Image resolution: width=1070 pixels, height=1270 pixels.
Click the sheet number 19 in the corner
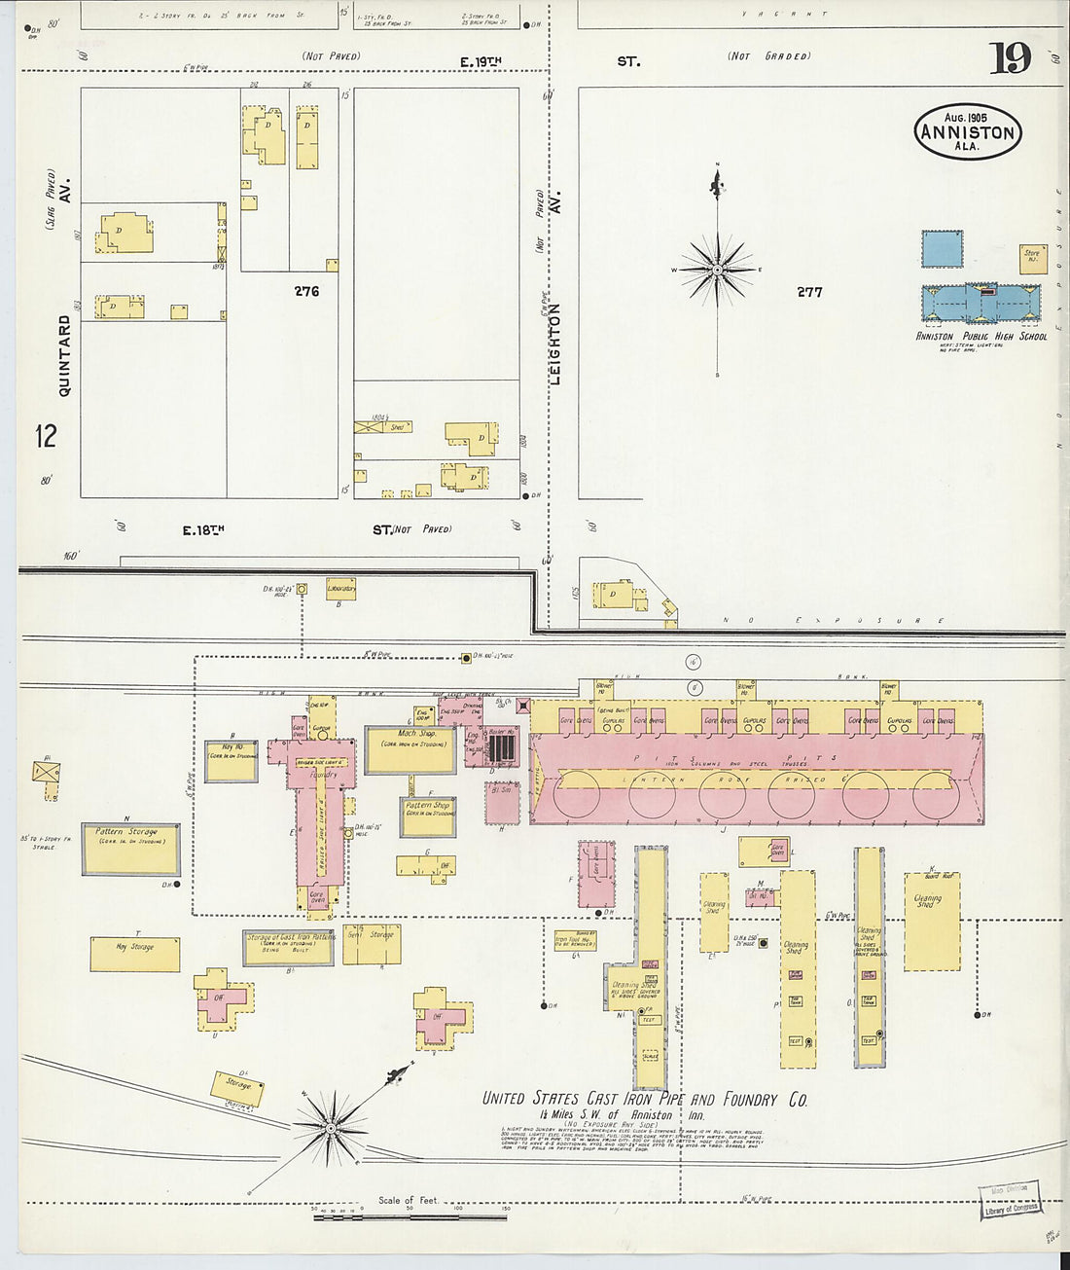[x=1011, y=58]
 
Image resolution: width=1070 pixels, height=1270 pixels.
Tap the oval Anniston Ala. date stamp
[x=967, y=131]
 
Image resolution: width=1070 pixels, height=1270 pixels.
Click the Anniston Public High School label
[x=981, y=336]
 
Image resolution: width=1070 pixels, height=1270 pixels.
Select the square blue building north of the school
[x=942, y=249]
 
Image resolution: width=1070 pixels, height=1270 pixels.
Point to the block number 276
[x=306, y=290]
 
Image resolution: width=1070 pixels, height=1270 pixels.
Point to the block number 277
[x=809, y=291]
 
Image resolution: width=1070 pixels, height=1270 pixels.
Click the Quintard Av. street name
[x=65, y=354]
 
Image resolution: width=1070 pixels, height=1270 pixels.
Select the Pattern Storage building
[x=130, y=850]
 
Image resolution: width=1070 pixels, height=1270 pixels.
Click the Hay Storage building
[x=135, y=954]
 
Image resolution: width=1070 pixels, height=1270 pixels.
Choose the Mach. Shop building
[x=410, y=749]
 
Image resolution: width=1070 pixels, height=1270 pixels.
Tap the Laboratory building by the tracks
[x=340, y=589]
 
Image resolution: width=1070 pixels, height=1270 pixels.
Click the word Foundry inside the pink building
[x=322, y=776]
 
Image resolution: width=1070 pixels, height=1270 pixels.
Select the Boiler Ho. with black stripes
[x=500, y=747]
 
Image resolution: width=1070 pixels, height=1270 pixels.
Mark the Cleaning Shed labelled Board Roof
[x=932, y=921]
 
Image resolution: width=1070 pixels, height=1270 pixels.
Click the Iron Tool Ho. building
[x=575, y=940]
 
